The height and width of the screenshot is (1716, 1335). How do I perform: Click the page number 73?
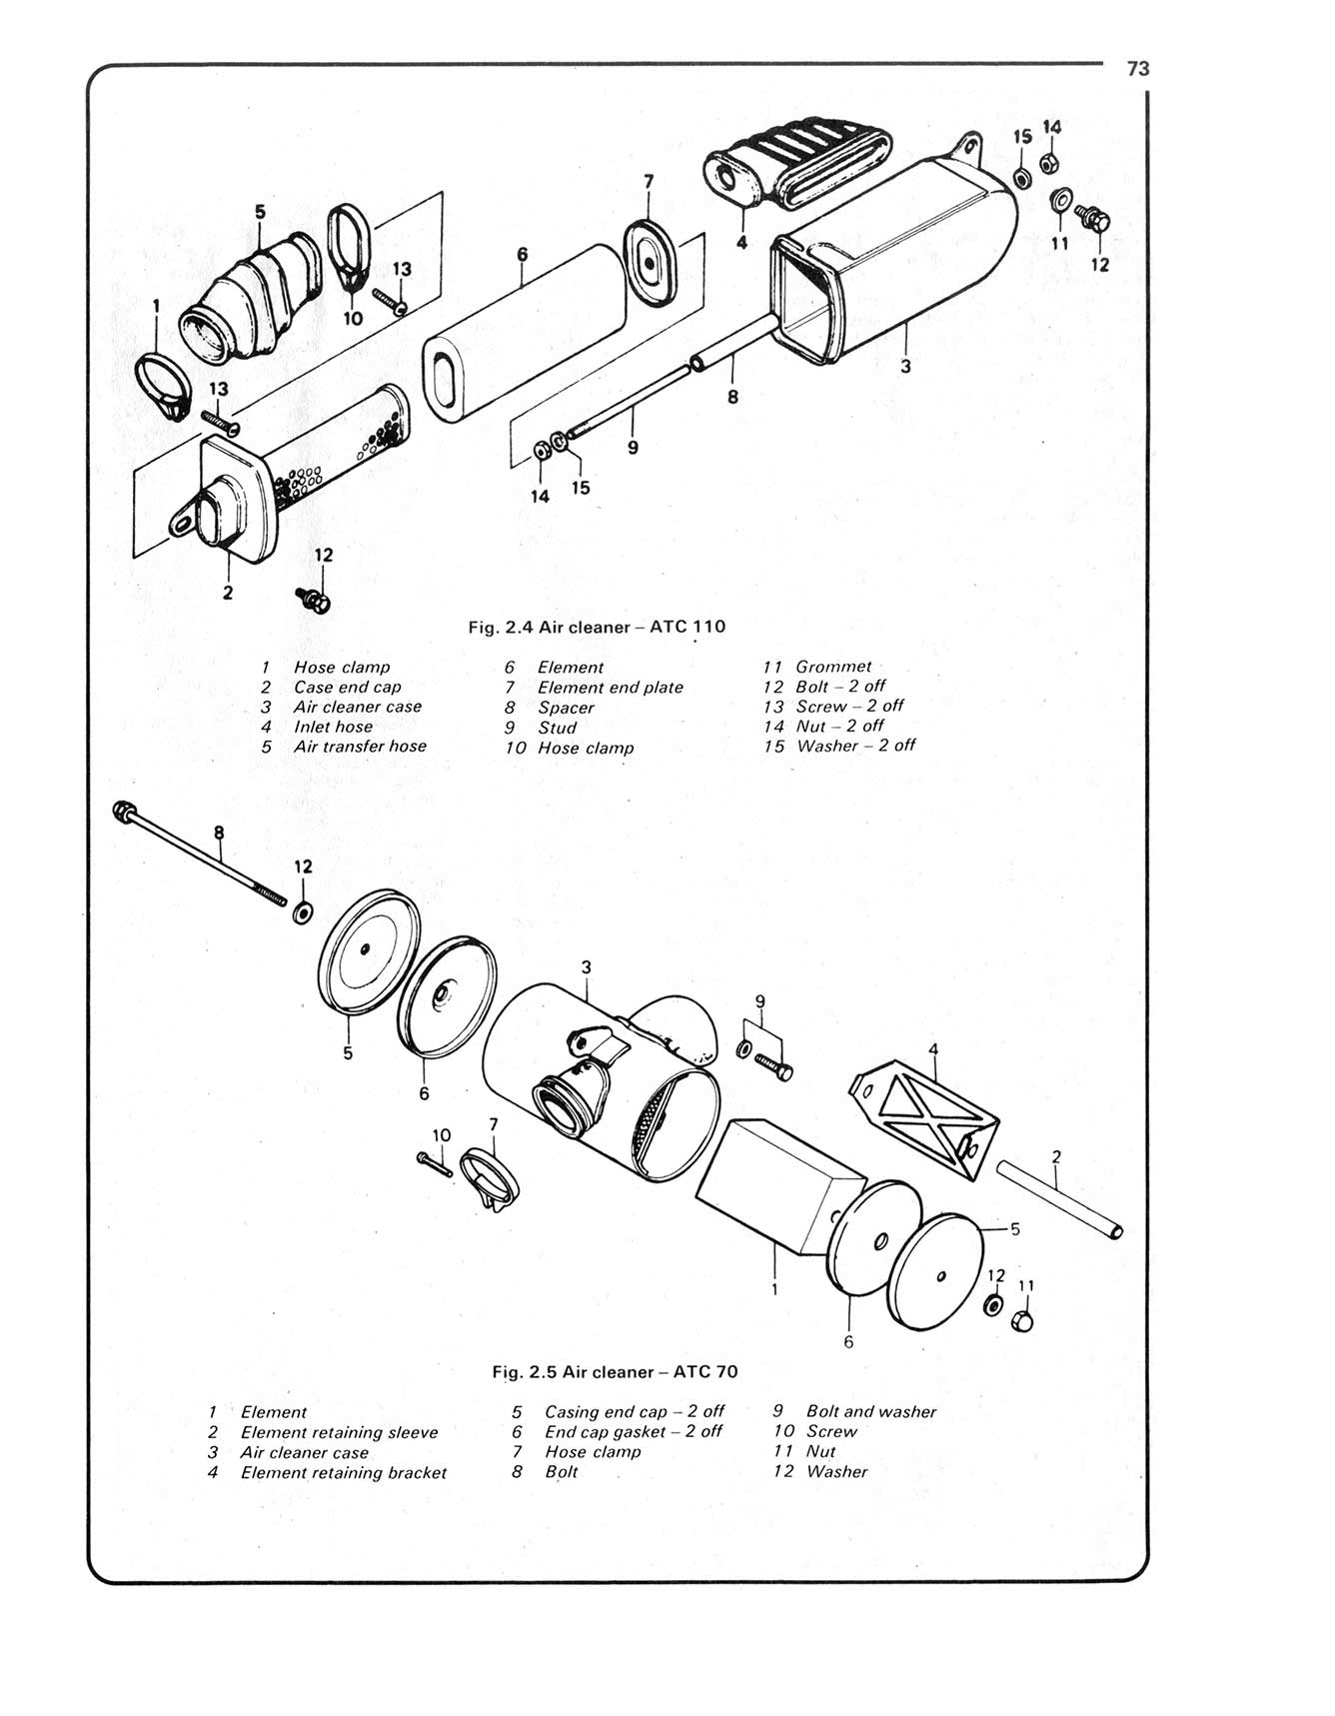tap(1137, 68)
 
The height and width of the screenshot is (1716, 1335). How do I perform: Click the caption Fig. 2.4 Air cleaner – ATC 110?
tap(597, 627)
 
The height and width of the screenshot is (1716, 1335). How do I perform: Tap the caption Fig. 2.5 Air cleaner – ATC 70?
tap(615, 1371)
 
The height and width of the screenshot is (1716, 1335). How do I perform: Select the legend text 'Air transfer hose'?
tap(360, 746)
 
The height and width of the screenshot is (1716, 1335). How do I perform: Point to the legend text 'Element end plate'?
tap(610, 687)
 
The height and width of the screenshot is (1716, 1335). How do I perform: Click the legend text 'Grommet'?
tap(833, 666)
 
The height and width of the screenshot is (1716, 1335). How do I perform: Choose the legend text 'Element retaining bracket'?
tap(343, 1472)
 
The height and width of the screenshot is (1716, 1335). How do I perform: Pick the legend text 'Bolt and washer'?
tap(870, 1411)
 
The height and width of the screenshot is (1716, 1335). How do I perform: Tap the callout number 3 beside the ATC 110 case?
tap(905, 367)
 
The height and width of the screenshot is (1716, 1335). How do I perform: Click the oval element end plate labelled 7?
tap(650, 264)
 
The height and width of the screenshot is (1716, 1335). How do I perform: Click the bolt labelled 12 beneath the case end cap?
tap(317, 600)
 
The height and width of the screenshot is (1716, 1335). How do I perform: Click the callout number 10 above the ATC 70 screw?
tap(442, 1134)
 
